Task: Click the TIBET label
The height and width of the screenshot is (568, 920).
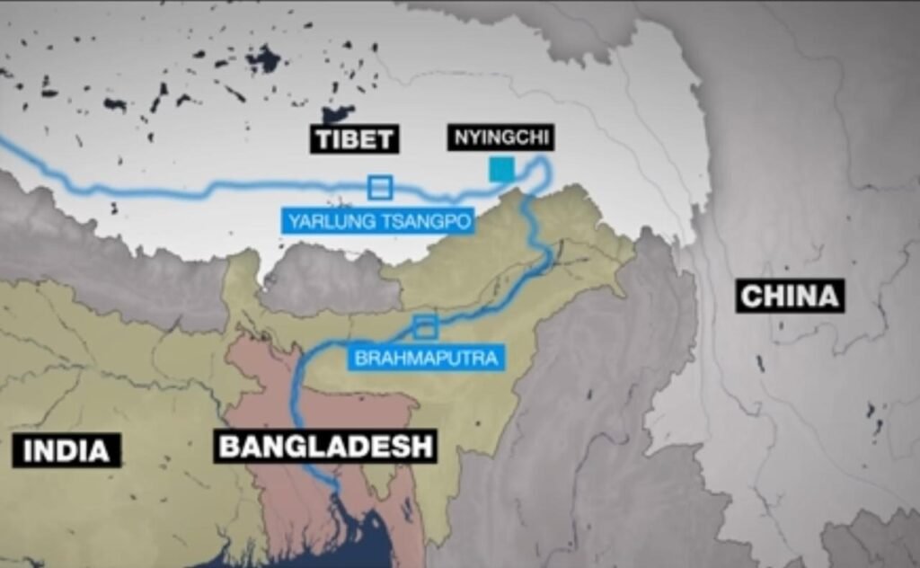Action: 355,139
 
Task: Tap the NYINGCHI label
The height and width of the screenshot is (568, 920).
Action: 500,138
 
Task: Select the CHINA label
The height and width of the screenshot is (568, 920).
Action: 790,296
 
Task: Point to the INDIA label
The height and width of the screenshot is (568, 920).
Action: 66,450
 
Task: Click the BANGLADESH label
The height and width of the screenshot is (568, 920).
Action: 325,446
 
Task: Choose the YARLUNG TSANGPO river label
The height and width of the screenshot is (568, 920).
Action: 378,221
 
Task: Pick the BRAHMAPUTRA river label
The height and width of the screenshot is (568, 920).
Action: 426,358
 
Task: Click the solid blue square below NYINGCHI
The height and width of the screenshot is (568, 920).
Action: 501,168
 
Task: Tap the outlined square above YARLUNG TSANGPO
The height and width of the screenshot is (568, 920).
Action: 380,187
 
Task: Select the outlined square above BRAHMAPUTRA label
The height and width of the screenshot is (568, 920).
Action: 425,326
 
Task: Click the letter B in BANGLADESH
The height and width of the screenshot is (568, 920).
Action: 229,447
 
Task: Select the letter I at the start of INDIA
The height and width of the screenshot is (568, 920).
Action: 27,451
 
